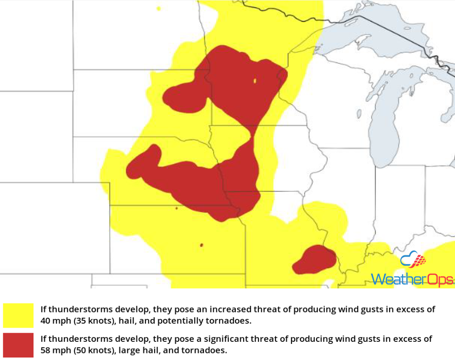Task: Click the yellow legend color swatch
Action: (x=18, y=315)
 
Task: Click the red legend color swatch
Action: (x=18, y=345)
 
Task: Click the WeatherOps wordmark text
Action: (x=412, y=279)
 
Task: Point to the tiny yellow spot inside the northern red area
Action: (x=255, y=81)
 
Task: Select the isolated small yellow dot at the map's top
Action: (x=158, y=8)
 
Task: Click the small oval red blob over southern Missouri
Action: (x=314, y=259)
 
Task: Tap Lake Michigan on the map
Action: (x=387, y=124)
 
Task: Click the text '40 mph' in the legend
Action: (x=54, y=321)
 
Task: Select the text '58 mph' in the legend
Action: (x=54, y=350)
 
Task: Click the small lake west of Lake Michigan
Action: (x=359, y=114)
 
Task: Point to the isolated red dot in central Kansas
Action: (x=201, y=245)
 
